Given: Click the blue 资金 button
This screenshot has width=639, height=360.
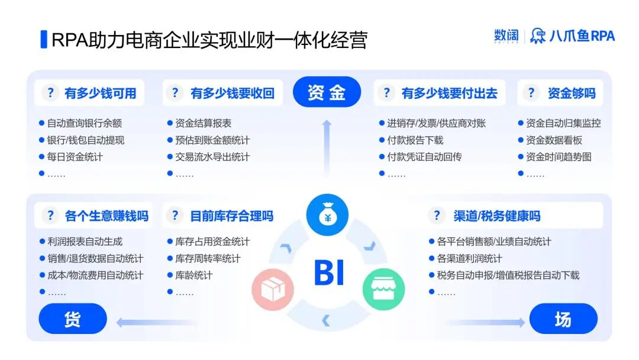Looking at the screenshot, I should (327, 92).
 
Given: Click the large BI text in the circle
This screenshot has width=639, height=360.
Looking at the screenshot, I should (329, 272).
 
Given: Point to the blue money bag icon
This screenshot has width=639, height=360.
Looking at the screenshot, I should (327, 215).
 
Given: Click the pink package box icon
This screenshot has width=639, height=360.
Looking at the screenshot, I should (273, 290).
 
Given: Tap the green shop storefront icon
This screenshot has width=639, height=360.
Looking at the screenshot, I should (383, 290).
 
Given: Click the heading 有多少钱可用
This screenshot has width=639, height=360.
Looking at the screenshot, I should (100, 93).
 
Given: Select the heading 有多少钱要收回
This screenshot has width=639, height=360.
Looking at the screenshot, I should (232, 93).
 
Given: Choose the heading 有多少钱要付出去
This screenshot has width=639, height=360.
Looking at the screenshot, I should (449, 93).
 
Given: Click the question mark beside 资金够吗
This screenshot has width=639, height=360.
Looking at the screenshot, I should (531, 93).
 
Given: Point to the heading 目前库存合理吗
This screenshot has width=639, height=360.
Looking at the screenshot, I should (231, 216).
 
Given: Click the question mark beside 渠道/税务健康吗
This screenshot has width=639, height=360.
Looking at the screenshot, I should (437, 216).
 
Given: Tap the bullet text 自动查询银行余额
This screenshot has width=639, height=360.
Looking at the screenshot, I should (84, 123).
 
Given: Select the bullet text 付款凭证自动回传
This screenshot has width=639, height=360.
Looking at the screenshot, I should (424, 157).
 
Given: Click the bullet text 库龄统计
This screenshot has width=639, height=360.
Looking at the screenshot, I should (193, 275).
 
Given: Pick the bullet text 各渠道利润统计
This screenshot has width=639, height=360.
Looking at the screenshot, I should (469, 259).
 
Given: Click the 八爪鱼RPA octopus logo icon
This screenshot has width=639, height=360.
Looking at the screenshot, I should (538, 36).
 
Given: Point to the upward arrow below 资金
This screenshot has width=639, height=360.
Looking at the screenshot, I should (327, 145).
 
